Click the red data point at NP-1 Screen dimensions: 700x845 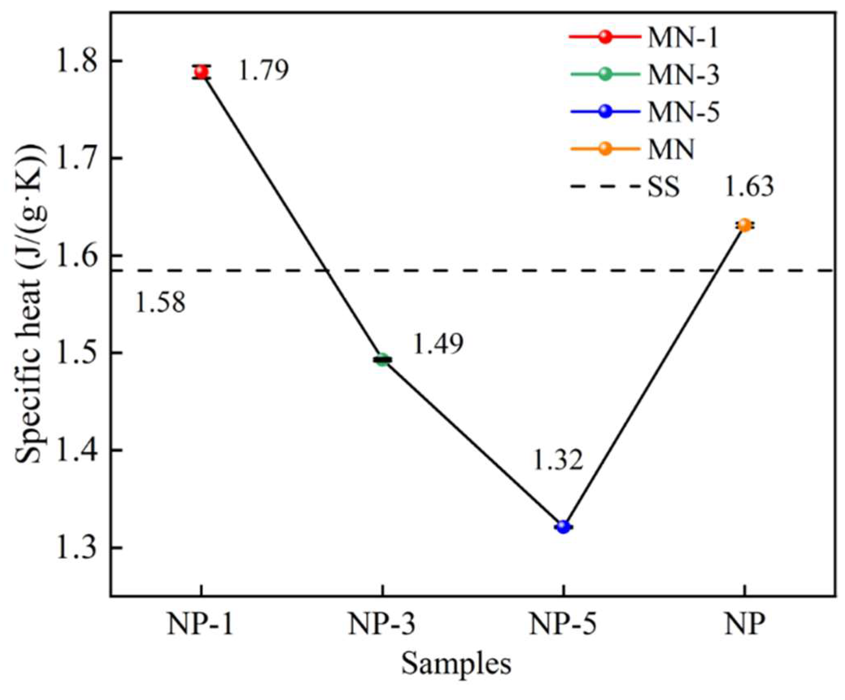coord(201,72)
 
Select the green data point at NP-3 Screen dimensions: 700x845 coord(382,359)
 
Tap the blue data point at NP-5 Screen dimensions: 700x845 coord(563,527)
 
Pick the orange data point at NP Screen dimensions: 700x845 coord(744,225)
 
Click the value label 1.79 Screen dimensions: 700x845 coord(264,70)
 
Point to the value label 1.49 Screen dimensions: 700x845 coord(438,344)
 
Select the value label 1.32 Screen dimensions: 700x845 coord(558,460)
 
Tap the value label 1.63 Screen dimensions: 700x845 coord(749,187)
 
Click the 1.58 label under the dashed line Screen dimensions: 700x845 coord(160,303)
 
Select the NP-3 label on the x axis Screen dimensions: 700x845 coord(382,624)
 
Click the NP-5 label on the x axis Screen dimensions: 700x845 coord(563,624)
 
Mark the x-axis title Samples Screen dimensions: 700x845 coord(456,664)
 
